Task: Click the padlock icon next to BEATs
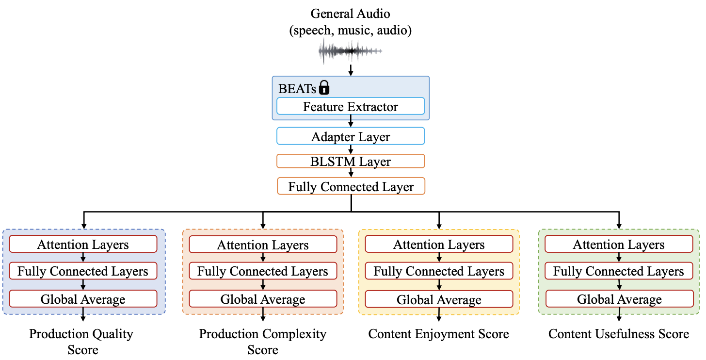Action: [324, 87]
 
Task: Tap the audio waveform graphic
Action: [350, 51]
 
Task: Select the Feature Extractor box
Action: [351, 106]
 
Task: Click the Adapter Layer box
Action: [351, 136]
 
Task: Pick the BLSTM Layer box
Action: [351, 161]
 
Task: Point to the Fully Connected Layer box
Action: [351, 186]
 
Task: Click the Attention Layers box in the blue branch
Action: [83, 244]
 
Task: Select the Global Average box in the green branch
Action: [620, 299]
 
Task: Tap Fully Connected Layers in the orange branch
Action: [263, 271]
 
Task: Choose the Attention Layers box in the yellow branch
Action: [439, 244]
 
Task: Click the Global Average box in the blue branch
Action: [83, 299]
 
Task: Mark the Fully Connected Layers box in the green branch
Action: [619, 271]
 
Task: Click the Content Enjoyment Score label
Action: [438, 334]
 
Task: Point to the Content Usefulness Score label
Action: [619, 334]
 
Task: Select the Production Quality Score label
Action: [81, 342]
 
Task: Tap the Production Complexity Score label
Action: [262, 342]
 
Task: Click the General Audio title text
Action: [350, 14]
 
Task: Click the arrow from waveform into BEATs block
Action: [351, 70]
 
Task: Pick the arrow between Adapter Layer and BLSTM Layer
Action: [351, 149]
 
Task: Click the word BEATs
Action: [297, 89]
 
